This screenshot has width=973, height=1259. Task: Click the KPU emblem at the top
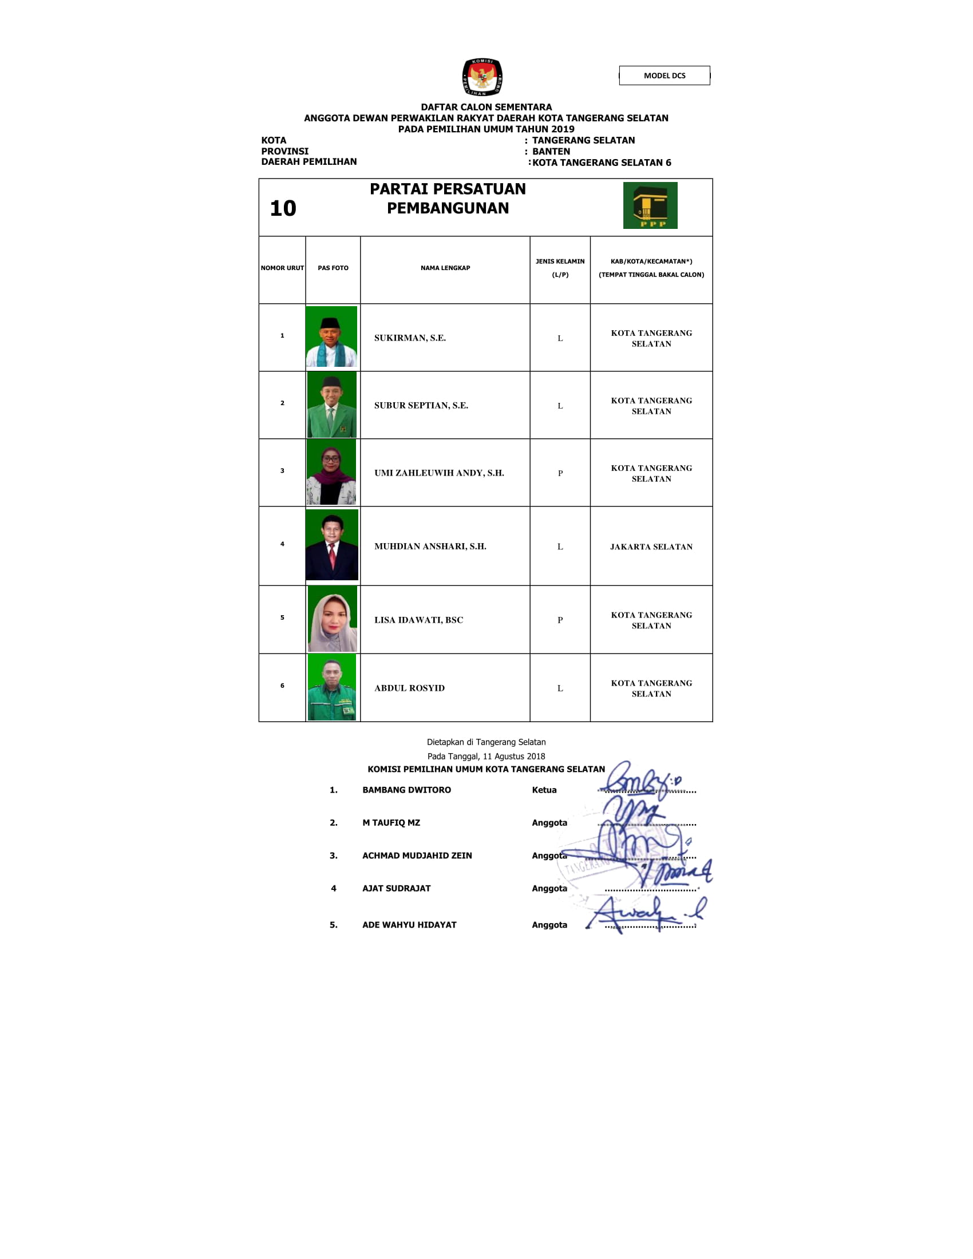point(482,77)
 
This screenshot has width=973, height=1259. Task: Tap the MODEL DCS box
point(664,76)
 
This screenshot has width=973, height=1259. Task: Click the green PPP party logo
point(650,206)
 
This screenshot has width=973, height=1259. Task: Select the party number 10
point(283,209)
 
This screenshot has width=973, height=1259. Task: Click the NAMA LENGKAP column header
point(445,268)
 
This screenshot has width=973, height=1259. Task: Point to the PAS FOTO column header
point(333,268)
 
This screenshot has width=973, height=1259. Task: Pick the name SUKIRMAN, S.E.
point(410,338)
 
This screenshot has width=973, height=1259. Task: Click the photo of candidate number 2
point(331,405)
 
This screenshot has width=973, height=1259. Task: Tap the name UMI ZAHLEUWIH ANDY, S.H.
point(438,473)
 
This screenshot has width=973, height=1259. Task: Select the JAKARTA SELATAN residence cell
point(651,547)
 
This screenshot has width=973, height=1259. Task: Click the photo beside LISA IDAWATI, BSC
point(332,619)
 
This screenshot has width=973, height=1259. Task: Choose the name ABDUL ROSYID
point(409,688)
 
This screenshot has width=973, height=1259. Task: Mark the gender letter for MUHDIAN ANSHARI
point(560,547)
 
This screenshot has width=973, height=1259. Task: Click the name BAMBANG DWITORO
point(406,790)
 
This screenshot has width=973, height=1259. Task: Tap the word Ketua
point(544,790)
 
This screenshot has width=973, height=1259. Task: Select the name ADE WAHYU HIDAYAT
point(409,925)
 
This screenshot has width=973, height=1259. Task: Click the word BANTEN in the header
point(551,152)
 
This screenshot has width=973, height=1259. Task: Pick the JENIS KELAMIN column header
point(560,268)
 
